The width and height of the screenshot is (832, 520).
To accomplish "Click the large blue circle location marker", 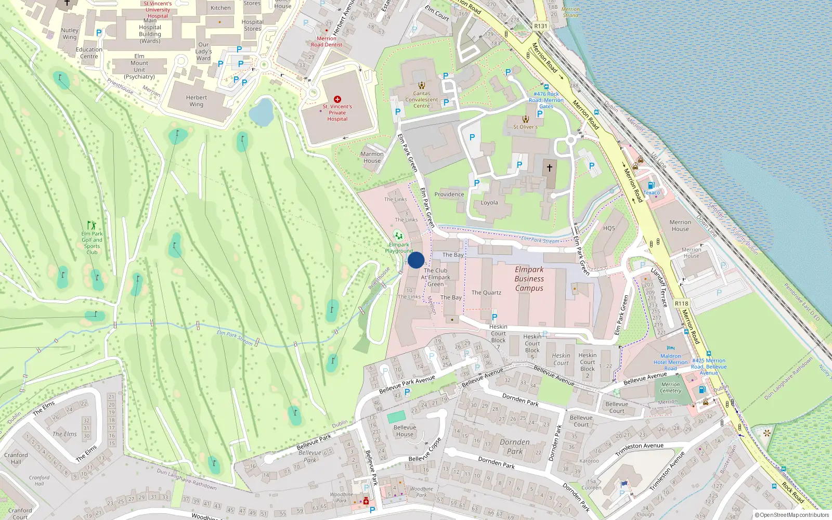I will pyautogui.click(x=416, y=260).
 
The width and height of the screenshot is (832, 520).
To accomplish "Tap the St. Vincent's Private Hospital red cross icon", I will pyautogui.click(x=337, y=99).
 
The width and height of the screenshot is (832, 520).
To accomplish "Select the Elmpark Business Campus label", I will pyautogui.click(x=529, y=279).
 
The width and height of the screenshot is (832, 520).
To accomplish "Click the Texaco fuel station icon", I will pyautogui.click(x=651, y=186).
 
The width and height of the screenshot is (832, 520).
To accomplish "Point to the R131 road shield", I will pyautogui.click(x=540, y=26).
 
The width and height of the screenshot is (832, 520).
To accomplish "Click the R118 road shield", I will pyautogui.click(x=681, y=304).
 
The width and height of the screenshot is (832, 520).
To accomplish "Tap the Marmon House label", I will pyautogui.click(x=372, y=157).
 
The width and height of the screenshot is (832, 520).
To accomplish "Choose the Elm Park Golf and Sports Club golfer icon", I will pyautogui.click(x=92, y=225).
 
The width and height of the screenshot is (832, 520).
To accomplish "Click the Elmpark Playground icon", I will pyautogui.click(x=398, y=236).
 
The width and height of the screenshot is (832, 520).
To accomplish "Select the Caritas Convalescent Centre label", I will pyautogui.click(x=422, y=100).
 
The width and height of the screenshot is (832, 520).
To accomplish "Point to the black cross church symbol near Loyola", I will pyautogui.click(x=549, y=168).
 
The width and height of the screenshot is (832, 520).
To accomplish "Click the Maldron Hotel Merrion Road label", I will pyautogui.click(x=670, y=362).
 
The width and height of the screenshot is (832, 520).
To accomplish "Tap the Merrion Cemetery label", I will pyautogui.click(x=670, y=387).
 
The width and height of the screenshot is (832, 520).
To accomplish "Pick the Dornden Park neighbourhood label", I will pyautogui.click(x=515, y=447).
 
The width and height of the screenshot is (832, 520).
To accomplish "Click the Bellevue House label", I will pyautogui.click(x=405, y=431).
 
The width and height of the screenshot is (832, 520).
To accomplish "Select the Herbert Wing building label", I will pyautogui.click(x=197, y=101).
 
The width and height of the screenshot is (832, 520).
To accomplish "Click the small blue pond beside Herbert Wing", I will pyautogui.click(x=261, y=112).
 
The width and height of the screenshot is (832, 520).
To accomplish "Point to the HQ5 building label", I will pyautogui.click(x=609, y=228).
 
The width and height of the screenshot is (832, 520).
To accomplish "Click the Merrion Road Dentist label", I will pyautogui.click(x=327, y=42).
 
